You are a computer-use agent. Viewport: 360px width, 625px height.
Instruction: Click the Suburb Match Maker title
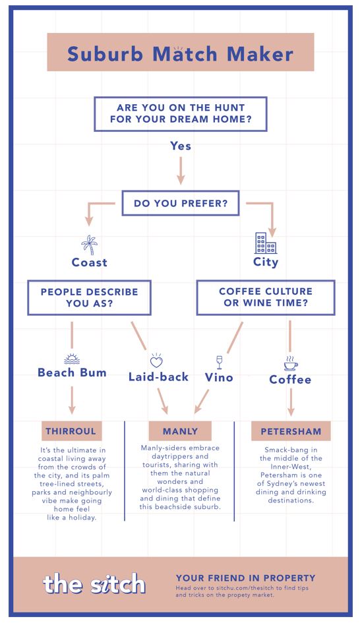[180, 54]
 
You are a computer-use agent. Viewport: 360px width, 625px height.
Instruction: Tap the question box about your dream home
[181, 113]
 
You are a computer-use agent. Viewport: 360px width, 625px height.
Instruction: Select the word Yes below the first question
[181, 146]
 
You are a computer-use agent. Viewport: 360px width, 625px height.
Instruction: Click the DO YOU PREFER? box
[181, 203]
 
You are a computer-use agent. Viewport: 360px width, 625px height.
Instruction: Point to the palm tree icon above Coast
[89, 245]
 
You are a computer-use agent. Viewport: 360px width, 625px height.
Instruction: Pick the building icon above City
[266, 243]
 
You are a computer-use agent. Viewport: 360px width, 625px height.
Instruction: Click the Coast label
[89, 262]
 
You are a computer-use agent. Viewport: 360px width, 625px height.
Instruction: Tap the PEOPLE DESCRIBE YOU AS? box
[89, 297]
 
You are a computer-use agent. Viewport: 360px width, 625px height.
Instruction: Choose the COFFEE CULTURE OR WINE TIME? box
[266, 297]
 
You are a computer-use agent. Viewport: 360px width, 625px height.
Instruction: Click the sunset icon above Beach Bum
[72, 359]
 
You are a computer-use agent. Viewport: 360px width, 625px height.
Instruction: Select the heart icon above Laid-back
[156, 361]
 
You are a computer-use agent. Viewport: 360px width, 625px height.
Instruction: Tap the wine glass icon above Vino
[219, 363]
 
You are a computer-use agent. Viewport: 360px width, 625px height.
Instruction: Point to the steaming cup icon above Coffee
[291, 363]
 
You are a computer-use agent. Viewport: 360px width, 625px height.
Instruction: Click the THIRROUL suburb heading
[71, 431]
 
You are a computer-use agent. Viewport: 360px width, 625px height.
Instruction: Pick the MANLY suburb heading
[180, 431]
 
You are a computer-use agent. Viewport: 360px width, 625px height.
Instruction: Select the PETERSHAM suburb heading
[291, 431]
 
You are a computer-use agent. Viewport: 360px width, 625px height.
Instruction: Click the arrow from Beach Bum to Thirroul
[72, 400]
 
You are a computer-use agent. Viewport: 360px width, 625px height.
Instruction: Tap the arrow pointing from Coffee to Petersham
[291, 402]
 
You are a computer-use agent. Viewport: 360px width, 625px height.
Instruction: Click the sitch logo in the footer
[94, 584]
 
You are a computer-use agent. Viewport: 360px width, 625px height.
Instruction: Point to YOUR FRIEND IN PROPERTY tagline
[245, 578]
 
